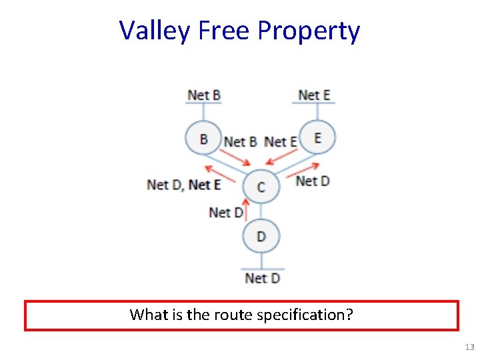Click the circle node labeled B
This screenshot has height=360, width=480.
tap(203, 139)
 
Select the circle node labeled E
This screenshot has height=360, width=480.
tap(317, 138)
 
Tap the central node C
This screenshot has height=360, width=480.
tap(260, 187)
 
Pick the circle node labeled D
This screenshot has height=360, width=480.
tap(261, 236)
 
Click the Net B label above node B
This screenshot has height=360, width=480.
tap(203, 95)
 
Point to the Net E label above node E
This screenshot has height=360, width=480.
tap(314, 95)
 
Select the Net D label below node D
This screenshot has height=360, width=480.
tap(262, 277)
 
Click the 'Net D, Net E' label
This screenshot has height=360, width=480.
tap(183, 184)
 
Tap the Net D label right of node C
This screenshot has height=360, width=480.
tap(312, 181)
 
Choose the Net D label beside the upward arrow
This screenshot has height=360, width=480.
tap(225, 212)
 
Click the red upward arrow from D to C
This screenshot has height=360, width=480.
tap(246, 211)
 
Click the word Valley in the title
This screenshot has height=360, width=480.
tap(154, 31)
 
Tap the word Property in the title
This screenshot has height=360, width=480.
tap(309, 31)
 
